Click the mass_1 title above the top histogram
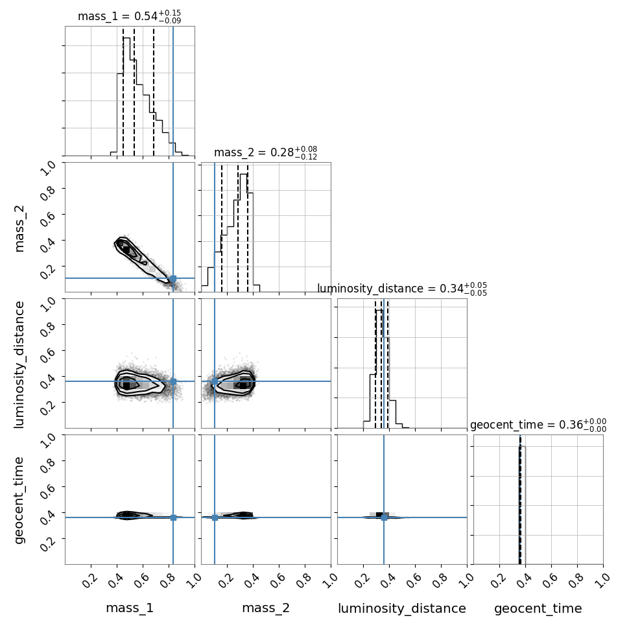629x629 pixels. [x=129, y=16]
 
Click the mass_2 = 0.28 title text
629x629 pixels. [x=266, y=153]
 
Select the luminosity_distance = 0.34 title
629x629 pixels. [x=402, y=289]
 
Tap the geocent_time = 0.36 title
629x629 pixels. [x=538, y=425]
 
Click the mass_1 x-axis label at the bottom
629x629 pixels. [x=130, y=608]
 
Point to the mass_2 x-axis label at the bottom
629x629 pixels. [x=266, y=608]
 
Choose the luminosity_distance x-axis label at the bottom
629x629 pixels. [x=402, y=608]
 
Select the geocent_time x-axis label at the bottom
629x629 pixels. [x=538, y=608]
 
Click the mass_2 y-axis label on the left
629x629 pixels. [x=19, y=228]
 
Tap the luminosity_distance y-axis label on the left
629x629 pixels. [x=19, y=364]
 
